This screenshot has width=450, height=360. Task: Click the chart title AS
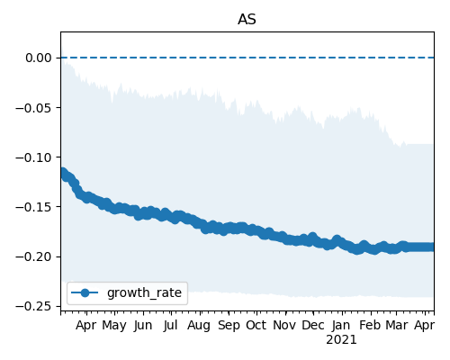247,20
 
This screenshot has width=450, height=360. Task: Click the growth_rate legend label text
144,292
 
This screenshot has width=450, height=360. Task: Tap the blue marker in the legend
85,292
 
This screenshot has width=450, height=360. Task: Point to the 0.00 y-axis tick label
39,58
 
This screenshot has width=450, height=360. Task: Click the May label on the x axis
114,326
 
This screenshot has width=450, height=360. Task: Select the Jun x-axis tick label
143,326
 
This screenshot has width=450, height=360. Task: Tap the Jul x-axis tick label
171,326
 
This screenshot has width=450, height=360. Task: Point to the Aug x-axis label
199,326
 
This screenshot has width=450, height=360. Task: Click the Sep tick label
229,326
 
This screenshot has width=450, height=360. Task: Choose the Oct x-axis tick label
256,326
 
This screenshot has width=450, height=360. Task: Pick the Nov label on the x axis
284,326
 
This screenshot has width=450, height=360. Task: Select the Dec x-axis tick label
313,326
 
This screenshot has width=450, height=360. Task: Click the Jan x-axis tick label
342,326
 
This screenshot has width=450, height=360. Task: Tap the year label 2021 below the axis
342,340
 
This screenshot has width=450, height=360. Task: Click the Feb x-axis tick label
370,326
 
